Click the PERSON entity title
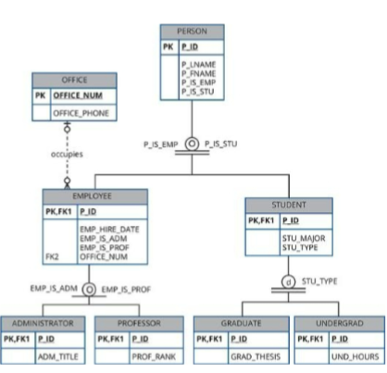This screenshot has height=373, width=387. point(192,31)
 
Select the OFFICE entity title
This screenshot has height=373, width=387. point(73,80)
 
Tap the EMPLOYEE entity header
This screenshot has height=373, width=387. point(95,197)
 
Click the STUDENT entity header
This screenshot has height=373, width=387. point(288,205)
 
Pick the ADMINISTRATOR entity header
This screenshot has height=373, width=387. point(43,324)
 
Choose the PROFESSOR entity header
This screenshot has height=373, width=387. point(138,324)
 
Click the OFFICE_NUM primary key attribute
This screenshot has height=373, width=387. point(79,95)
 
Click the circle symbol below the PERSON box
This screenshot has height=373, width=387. point(192,143)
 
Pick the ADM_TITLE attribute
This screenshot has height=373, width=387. point(56,354)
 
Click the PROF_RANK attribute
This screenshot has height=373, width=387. point(153,354)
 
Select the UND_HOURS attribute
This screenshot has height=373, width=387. point(350,354)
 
